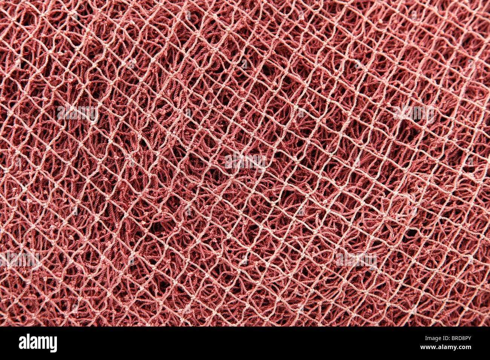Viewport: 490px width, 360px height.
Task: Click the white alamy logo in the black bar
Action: click(38, 343)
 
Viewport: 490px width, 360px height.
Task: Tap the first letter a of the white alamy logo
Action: click(22, 344)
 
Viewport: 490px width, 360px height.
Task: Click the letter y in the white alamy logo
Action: click(53, 345)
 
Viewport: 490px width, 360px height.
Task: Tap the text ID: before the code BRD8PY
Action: click(444, 338)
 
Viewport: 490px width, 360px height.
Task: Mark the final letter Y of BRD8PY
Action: click(470, 338)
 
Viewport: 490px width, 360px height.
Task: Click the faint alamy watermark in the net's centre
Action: click(245, 161)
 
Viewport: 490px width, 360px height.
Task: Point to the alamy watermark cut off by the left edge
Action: click(19, 259)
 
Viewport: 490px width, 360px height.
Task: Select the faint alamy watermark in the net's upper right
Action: click(413, 112)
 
